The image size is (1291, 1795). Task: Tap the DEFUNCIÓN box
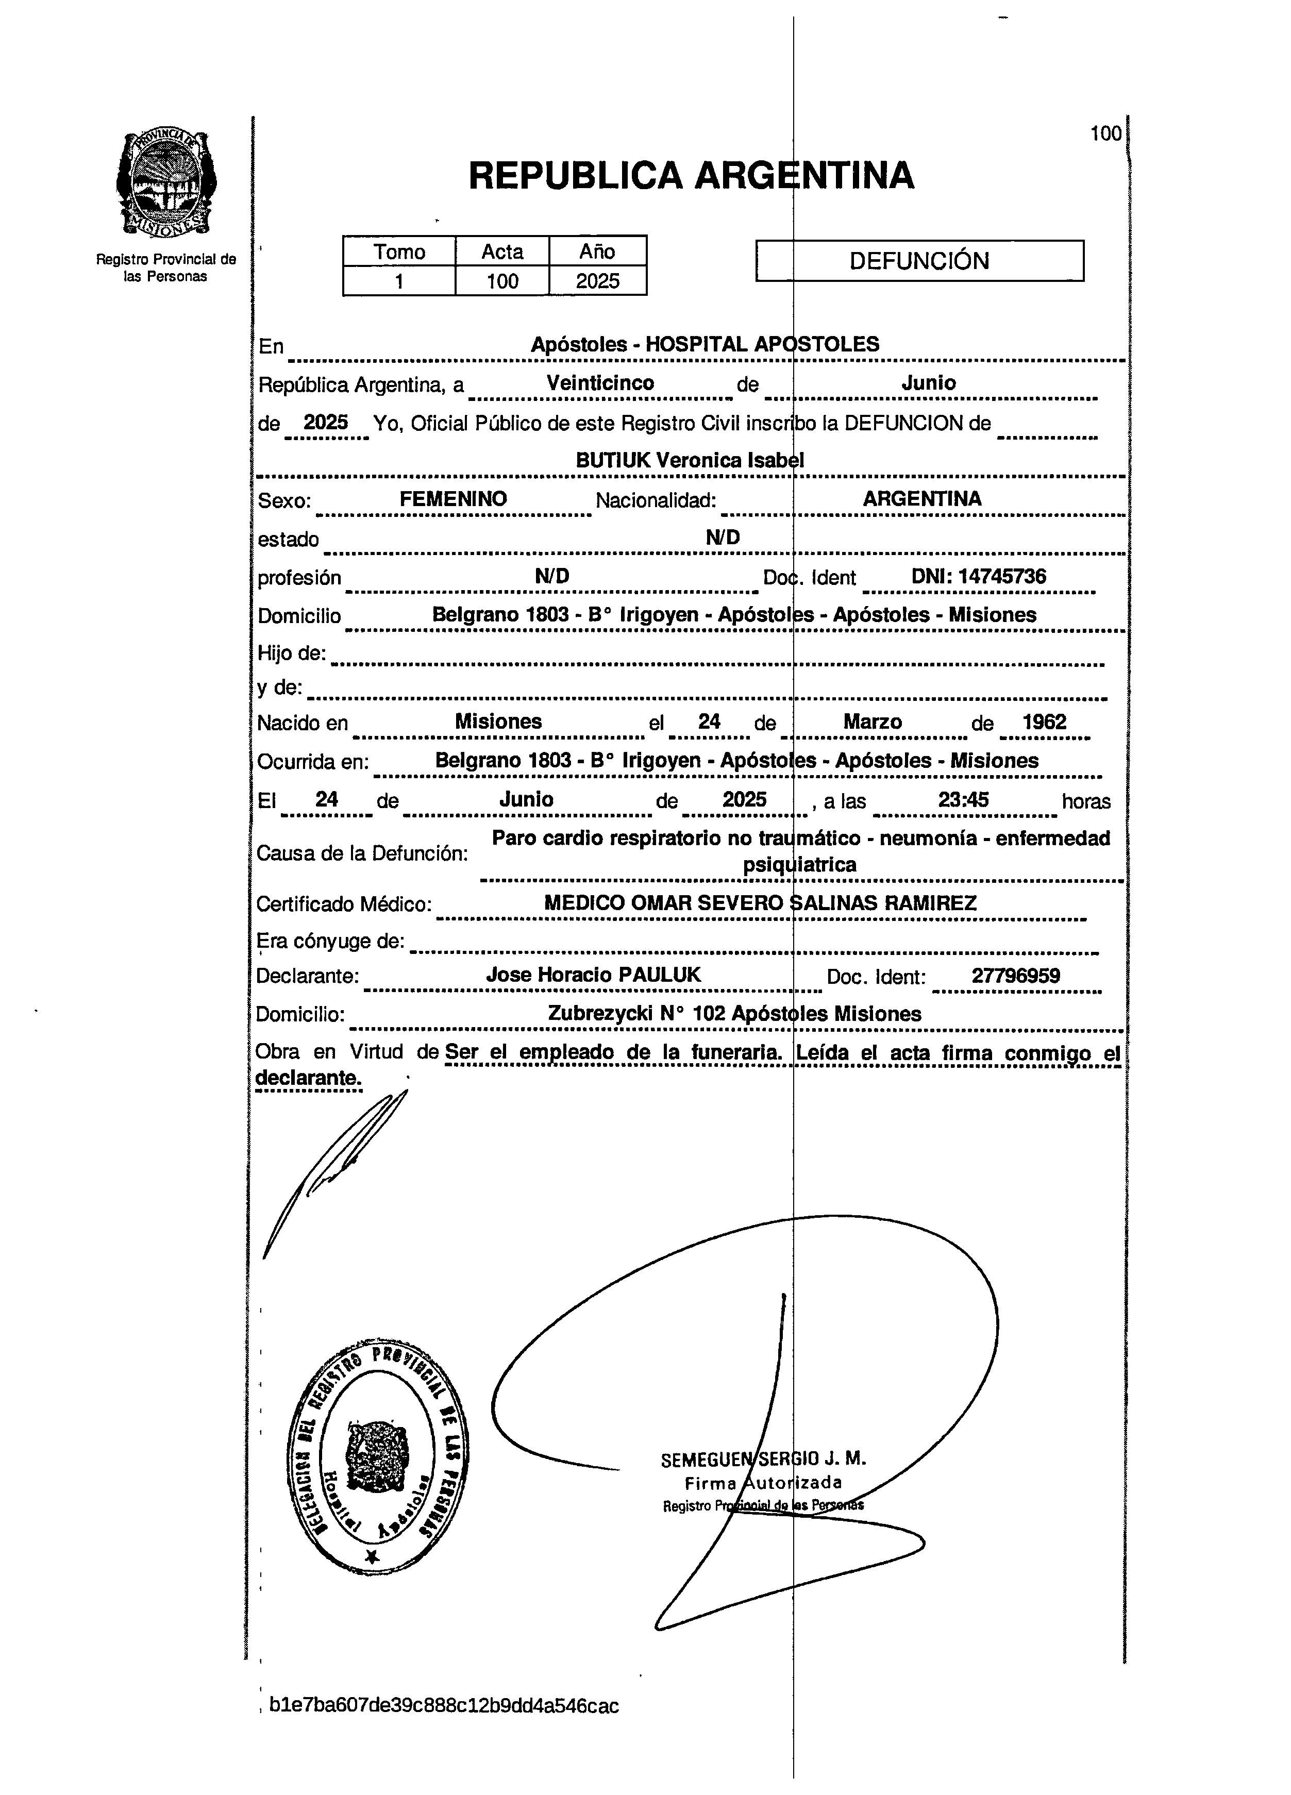coord(919,261)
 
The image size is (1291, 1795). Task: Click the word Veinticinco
coord(600,383)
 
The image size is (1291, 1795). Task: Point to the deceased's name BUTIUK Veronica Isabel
coord(690,461)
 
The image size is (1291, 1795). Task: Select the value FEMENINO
coord(453,499)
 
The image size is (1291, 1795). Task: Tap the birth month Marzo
coord(873,722)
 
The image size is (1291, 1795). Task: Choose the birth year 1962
coord(1044,722)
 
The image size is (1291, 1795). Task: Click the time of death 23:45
coord(963,799)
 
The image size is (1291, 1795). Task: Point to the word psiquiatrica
coord(799,864)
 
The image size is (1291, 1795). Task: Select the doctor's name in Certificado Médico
coord(760,903)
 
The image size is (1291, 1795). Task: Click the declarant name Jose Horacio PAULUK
coord(593,974)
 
